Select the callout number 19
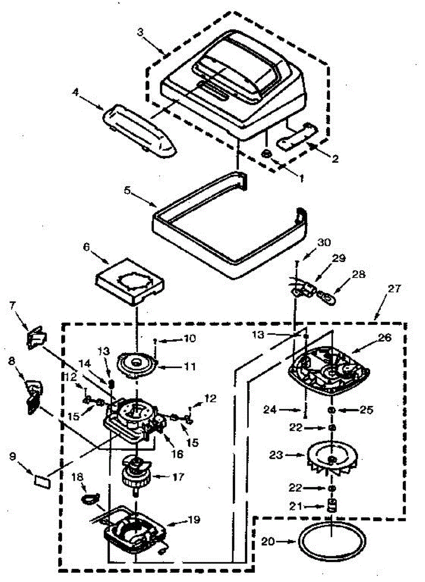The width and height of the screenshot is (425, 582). click(194, 519)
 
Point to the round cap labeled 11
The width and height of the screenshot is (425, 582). click(138, 364)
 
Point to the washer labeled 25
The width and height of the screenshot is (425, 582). click(332, 411)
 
